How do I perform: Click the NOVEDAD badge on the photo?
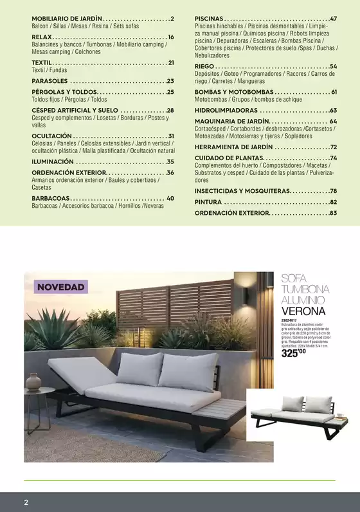pyautogui.click(x=60, y=286)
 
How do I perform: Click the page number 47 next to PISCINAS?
pyautogui.click(x=333, y=19)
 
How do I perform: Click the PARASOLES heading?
pyautogui.click(x=50, y=81)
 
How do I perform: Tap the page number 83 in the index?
pyautogui.click(x=333, y=212)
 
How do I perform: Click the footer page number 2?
pyautogui.click(x=26, y=501)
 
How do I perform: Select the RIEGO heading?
pyautogui.click(x=204, y=66)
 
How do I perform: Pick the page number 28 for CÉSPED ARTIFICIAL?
pyautogui.click(x=170, y=111)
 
